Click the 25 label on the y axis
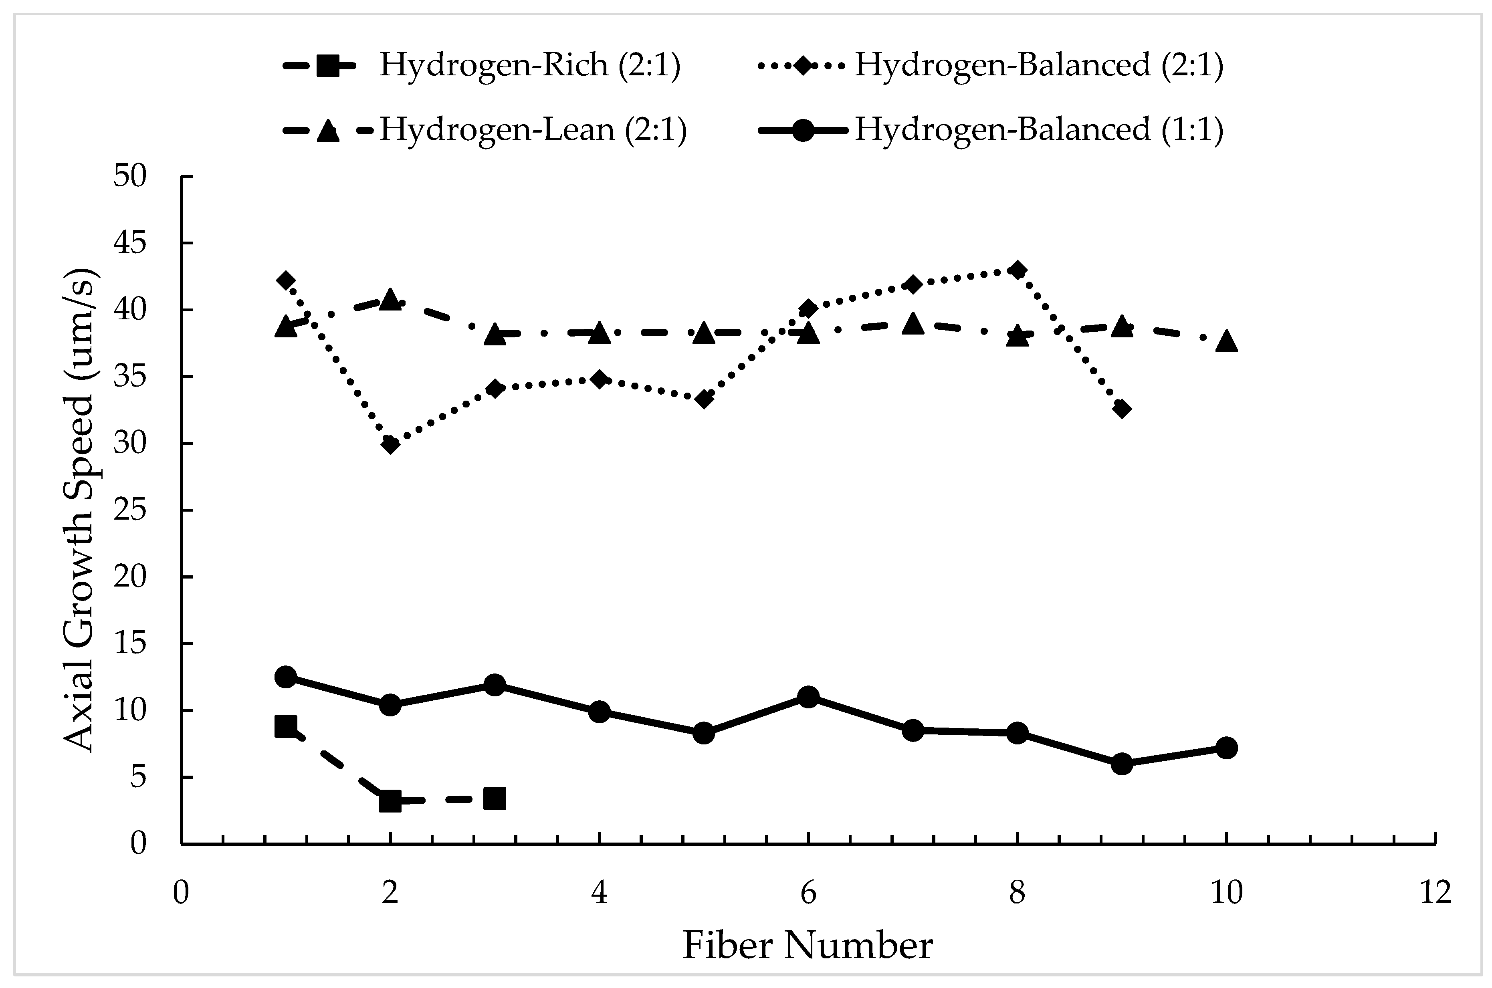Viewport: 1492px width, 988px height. click(130, 510)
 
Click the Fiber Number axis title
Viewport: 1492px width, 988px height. click(808, 946)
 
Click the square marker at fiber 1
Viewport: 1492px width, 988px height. click(286, 726)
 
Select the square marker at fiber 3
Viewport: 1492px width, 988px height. click(495, 799)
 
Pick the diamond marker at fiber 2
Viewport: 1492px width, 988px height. click(391, 445)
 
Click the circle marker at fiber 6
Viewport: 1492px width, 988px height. click(808, 697)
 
